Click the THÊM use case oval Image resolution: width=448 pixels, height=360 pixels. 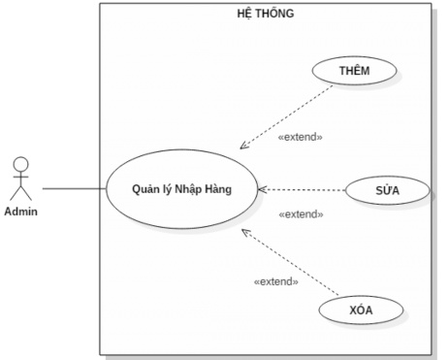click(355, 71)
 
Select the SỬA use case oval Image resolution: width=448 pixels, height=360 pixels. click(387, 190)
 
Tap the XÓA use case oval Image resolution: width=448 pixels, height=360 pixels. click(361, 311)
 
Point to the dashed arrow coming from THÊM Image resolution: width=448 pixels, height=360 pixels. click(287, 116)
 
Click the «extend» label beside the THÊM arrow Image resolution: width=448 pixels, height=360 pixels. click(300, 138)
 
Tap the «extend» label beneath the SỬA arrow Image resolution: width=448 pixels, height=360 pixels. click(301, 214)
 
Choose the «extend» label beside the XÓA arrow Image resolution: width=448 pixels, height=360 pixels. click(275, 281)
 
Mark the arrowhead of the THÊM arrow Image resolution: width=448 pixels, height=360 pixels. click(243, 147)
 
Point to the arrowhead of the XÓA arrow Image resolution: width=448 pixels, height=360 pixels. click(245, 232)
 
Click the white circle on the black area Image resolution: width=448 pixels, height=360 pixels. click(20, 164)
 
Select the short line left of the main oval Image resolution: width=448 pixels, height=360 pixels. click(102, 187)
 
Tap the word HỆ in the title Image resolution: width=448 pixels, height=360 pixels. click(246, 14)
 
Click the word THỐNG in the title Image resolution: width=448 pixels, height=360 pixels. click(276, 14)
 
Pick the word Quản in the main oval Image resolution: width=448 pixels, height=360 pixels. click(146, 188)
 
